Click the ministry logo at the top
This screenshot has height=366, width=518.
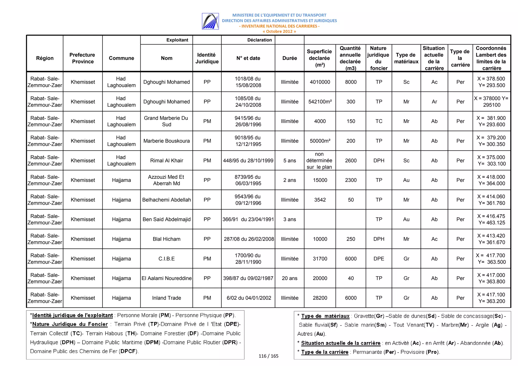210,21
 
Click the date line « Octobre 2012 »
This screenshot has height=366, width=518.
279,32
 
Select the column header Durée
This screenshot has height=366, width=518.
289,58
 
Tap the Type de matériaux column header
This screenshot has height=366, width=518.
406,58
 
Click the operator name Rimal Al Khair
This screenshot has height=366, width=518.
166,161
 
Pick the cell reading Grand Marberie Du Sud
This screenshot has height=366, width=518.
166,121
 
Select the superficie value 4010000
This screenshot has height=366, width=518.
320,82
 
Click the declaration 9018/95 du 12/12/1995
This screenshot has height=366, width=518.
248,141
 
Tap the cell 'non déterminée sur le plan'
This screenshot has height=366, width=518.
319,161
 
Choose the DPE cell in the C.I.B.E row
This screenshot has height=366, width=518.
379,259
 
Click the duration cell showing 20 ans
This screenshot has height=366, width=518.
289,278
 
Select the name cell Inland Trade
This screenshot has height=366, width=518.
166,298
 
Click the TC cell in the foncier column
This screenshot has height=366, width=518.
379,121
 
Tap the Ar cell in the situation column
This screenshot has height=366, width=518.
434,102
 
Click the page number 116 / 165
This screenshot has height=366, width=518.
268,356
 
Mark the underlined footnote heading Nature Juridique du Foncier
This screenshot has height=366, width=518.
70,324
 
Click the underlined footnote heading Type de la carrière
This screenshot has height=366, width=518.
325,352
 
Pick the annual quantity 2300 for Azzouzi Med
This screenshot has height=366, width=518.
351,180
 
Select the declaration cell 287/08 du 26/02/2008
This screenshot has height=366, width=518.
248,239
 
